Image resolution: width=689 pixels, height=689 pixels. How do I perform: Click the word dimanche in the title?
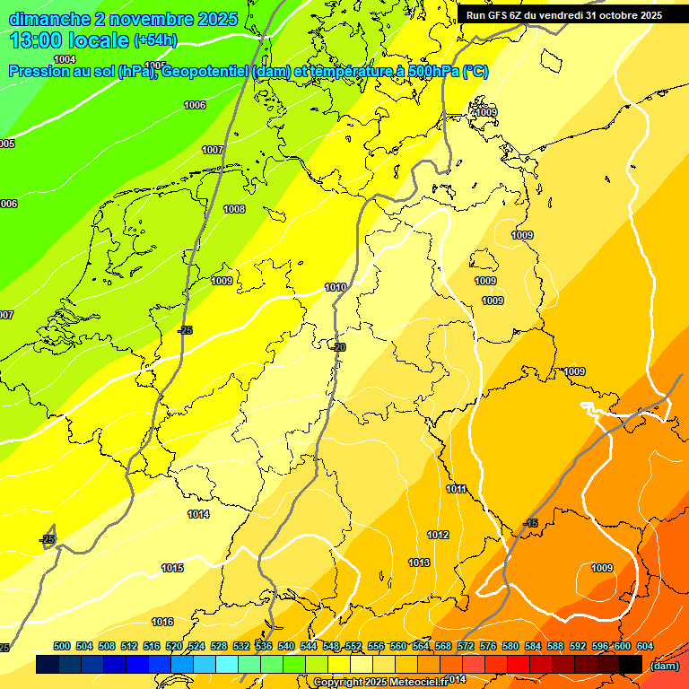pyautogui.click(x=48, y=19)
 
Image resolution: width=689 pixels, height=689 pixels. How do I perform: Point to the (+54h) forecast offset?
pyautogui.click(x=155, y=40)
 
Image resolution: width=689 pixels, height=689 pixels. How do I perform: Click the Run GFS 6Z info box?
pyautogui.click(x=563, y=15)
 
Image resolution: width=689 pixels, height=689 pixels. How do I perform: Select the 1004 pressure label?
pyautogui.click(x=65, y=60)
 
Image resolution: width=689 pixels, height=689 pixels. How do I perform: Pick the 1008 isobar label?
pyautogui.click(x=234, y=210)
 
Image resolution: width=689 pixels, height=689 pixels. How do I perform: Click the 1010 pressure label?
pyautogui.click(x=336, y=288)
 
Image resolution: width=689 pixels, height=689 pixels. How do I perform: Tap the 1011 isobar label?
pyautogui.click(x=456, y=489)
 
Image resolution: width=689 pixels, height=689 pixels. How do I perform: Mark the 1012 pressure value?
pyautogui.click(x=438, y=536)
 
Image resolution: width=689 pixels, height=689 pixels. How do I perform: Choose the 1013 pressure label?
pyautogui.click(x=419, y=563)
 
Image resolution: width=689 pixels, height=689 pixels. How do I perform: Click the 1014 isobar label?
pyautogui.click(x=198, y=515)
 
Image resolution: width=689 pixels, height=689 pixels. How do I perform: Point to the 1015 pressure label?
pyautogui.click(x=172, y=569)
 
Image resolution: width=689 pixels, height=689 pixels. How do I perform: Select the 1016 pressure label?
pyautogui.click(x=162, y=623)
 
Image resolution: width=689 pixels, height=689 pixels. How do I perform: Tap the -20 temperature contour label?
pyautogui.click(x=338, y=347)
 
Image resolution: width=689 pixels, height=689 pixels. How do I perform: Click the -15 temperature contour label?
pyautogui.click(x=530, y=524)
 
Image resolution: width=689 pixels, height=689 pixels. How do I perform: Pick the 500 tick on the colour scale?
pyautogui.click(x=62, y=647)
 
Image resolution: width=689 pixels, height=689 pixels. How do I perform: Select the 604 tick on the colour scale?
pyautogui.click(x=645, y=647)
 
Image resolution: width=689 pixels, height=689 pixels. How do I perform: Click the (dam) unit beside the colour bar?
pyautogui.click(x=663, y=666)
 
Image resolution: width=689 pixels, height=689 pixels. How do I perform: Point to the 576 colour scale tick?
pyautogui.click(x=488, y=647)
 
